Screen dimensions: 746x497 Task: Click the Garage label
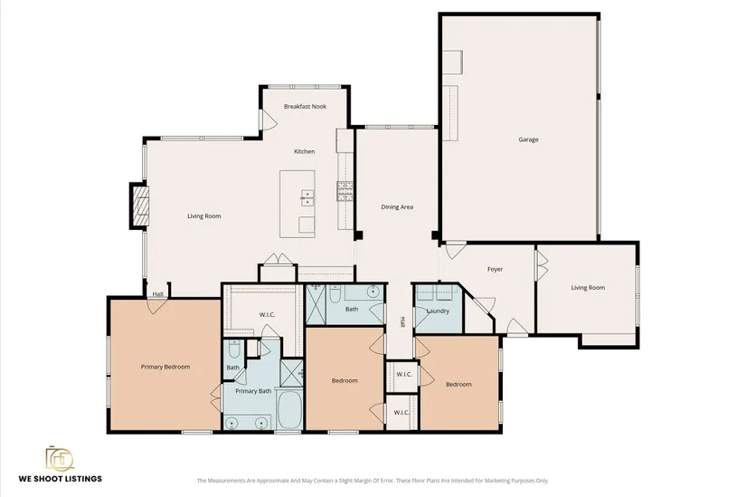528,139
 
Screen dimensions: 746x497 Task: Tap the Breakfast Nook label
305,106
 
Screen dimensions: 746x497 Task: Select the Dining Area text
397,206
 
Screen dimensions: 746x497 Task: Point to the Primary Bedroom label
165,367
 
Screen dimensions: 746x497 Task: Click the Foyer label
495,269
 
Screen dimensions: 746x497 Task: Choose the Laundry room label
438,311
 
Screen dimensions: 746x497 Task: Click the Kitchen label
304,151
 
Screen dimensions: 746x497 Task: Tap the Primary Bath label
253,391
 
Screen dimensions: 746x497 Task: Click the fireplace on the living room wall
139,205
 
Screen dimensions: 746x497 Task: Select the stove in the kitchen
345,191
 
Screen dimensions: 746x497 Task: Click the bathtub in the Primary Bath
289,410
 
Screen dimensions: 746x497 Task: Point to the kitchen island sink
307,197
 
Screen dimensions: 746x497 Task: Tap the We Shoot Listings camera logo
60,458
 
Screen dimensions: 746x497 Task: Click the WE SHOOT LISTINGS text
61,478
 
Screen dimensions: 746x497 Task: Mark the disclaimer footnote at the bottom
373,481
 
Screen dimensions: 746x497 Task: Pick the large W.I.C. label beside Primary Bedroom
267,314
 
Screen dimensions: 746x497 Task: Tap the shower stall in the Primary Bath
291,373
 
